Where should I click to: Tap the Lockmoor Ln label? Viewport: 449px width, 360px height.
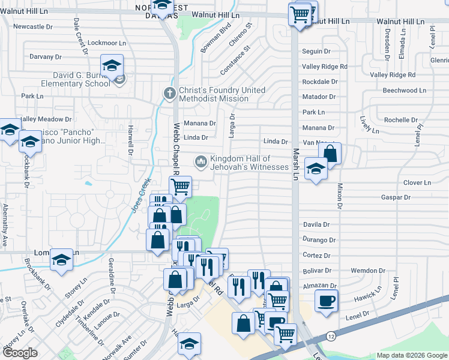[x=107, y=43]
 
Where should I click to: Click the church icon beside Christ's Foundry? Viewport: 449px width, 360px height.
[x=170, y=94]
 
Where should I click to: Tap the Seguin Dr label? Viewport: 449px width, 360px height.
[x=317, y=52]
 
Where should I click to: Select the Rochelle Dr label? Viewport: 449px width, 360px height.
[x=401, y=120]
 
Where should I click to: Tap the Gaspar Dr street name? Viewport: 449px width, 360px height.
[x=396, y=197]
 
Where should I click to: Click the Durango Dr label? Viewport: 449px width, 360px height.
[x=319, y=240]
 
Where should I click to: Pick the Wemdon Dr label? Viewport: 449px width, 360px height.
[x=371, y=271]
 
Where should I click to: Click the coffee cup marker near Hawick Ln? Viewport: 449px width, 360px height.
[x=326, y=301]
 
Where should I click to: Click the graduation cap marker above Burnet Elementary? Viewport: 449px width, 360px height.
[x=112, y=66]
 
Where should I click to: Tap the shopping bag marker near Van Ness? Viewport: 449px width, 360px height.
[x=330, y=153]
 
